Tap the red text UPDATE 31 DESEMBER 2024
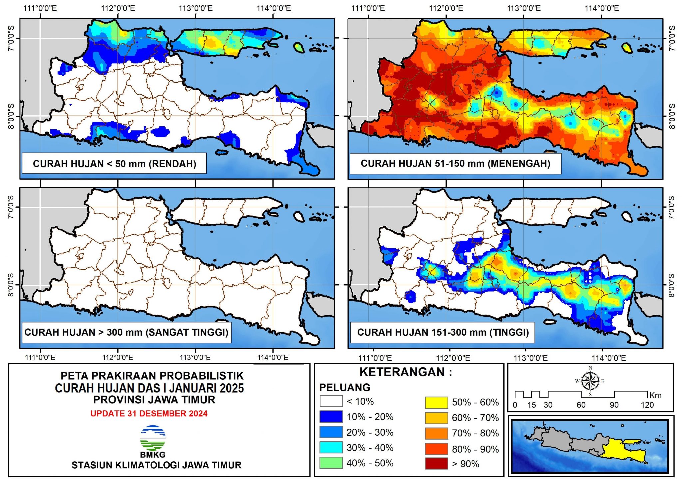149,413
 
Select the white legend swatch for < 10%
331,401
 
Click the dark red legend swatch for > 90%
436,463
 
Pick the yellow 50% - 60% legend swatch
436,402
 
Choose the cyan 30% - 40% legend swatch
331,447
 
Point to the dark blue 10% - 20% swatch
331,416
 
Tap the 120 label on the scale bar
647,405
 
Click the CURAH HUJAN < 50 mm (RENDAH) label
114,164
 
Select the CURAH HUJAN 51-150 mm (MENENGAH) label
455,163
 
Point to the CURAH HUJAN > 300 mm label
126,332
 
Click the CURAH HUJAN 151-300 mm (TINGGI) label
443,332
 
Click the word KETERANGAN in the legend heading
402,372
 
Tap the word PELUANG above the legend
345,387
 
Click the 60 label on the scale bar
581,405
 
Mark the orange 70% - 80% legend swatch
436,433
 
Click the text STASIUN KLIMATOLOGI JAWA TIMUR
157,465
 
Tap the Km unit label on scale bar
655,395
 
